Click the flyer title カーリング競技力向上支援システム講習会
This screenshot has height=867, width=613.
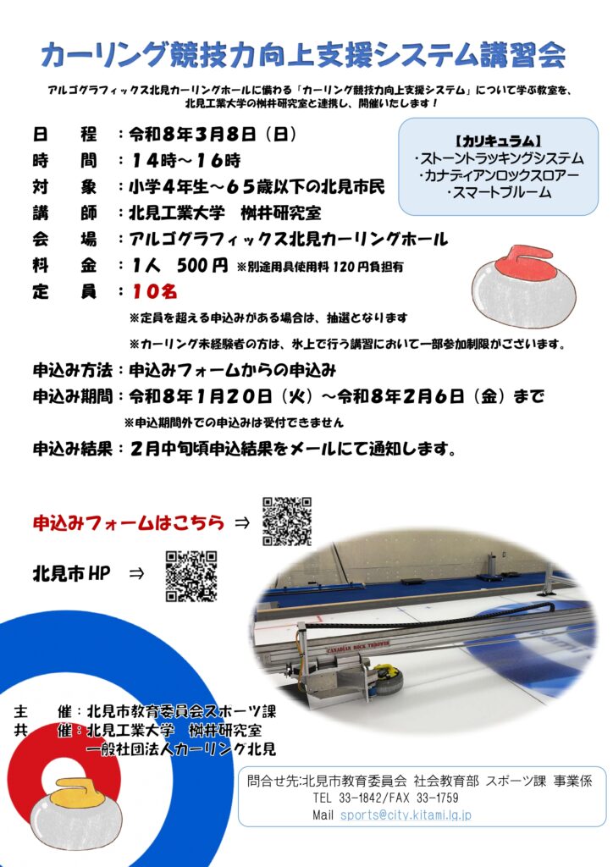coord(303,55)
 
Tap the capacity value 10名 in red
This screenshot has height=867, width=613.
coord(154,291)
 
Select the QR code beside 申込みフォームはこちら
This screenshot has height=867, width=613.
coord(287,522)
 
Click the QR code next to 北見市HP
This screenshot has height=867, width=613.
coord(191,576)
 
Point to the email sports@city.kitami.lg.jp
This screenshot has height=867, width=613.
coord(406,815)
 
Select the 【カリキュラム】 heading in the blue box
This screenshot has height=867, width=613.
coord(498,141)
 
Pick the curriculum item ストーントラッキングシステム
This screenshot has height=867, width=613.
coord(499,158)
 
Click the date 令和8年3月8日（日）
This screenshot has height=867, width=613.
coord(213,135)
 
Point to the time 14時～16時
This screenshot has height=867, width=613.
coord(186,160)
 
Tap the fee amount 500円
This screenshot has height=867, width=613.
coord(202,265)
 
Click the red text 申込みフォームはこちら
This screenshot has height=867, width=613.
coord(129,522)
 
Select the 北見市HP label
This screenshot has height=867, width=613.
coord(71,573)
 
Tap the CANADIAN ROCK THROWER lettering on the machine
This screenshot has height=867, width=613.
coord(358,647)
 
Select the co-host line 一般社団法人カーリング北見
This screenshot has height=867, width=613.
coord(180,749)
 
